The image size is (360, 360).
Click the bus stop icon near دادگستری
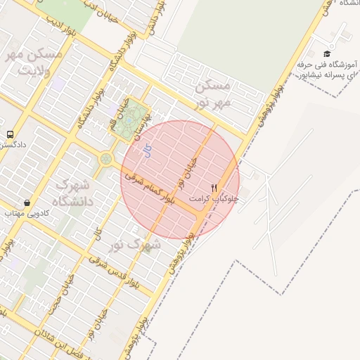(x=11, y=134)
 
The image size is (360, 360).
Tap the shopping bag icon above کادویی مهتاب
(x=27, y=202)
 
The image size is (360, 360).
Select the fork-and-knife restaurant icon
(x=214, y=188)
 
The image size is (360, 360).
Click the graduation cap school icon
(x=326, y=54)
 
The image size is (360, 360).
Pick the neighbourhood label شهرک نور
(x=135, y=245)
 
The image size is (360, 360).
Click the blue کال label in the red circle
(x=147, y=149)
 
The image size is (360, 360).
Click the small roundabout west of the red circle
(x=105, y=159)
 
